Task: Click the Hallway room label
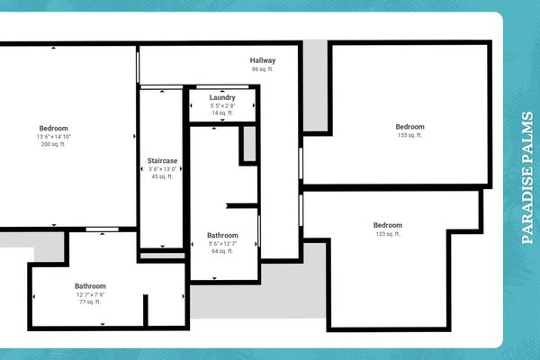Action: [x=263, y=60]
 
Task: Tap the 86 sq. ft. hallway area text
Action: [x=263, y=69]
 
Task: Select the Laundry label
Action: [x=222, y=97]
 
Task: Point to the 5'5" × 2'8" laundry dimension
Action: [x=222, y=105]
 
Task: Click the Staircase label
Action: [x=163, y=160]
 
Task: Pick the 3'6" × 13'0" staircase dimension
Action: [x=163, y=168]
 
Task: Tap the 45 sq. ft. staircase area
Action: [x=163, y=176]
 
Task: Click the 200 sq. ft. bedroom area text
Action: [x=53, y=144]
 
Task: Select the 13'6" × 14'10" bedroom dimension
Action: [x=53, y=136]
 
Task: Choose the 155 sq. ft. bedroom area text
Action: [x=410, y=136]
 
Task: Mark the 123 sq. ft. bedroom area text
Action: [x=388, y=234]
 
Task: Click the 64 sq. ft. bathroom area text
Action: [x=222, y=251]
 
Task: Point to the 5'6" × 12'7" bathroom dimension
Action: [x=222, y=243]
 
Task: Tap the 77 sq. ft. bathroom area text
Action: [x=90, y=303]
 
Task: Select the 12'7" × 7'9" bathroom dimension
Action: [x=90, y=295]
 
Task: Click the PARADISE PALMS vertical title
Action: [x=527, y=178]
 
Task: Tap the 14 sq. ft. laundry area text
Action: [x=222, y=113]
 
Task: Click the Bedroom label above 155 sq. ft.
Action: [x=410, y=127]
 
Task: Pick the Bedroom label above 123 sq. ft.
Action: [x=388, y=225]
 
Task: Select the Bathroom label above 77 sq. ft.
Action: [x=90, y=286]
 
